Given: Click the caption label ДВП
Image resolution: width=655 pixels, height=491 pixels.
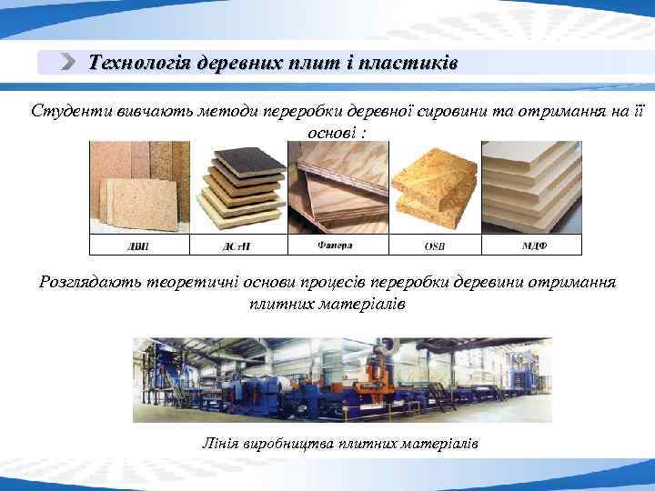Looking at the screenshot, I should [x=137, y=245].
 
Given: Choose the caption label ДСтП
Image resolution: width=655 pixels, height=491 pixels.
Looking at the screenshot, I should [x=236, y=245].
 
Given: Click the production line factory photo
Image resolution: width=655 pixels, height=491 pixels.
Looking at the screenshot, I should [x=342, y=379].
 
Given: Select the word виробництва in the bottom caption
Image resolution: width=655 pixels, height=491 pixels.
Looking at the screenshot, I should [x=286, y=443].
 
